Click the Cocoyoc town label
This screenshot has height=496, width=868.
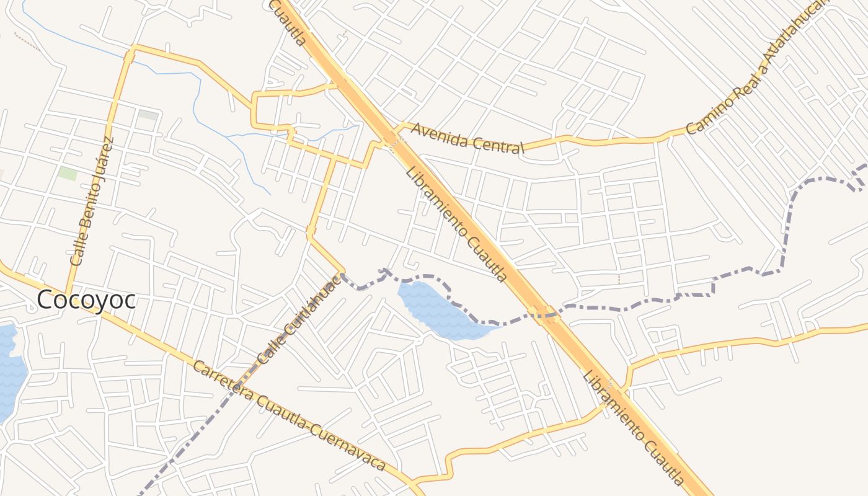86,299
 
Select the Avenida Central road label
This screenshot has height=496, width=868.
467,138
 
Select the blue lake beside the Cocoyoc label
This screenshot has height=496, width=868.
9,372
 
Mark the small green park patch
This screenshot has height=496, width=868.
68,173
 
